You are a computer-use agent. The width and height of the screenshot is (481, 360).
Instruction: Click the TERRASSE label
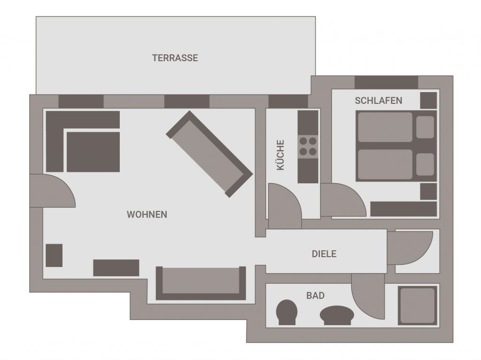(175, 58)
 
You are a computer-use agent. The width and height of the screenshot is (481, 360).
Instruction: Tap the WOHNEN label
(147, 214)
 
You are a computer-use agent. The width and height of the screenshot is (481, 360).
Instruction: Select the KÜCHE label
(280, 155)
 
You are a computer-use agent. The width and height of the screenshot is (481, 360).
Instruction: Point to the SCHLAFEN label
(378, 101)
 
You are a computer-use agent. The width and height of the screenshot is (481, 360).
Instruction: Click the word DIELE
(324, 254)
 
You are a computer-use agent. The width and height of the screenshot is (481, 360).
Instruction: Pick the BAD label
(315, 296)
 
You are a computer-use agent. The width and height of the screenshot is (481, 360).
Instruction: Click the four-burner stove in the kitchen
(308, 146)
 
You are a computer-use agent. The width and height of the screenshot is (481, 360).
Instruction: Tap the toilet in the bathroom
(287, 312)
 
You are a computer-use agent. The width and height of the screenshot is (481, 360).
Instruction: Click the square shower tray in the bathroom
(418, 305)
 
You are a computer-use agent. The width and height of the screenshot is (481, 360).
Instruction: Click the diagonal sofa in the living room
(209, 154)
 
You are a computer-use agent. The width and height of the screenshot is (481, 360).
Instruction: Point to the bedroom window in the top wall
(386, 82)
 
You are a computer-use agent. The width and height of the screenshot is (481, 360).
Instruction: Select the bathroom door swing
(368, 293)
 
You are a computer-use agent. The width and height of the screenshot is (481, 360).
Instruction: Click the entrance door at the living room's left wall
(52, 191)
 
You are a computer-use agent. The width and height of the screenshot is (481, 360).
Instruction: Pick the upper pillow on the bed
(425, 127)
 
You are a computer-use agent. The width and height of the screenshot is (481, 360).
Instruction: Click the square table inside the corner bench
(93, 152)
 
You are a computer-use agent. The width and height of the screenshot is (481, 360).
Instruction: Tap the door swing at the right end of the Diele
(410, 248)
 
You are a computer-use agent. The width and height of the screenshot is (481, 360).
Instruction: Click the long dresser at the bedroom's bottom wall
(403, 209)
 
